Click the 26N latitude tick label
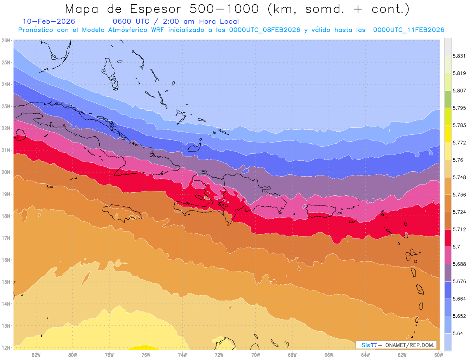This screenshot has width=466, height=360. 5,40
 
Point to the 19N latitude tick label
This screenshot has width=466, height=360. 5,194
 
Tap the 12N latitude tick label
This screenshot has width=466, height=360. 5,348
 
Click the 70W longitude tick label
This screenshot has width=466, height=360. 256,355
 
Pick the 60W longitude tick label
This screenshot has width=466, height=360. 438,355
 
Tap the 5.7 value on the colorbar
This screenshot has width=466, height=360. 454,247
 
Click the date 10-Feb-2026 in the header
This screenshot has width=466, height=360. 49,21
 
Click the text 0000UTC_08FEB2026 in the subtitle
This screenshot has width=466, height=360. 265,30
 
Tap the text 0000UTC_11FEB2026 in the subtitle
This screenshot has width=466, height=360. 409,30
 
